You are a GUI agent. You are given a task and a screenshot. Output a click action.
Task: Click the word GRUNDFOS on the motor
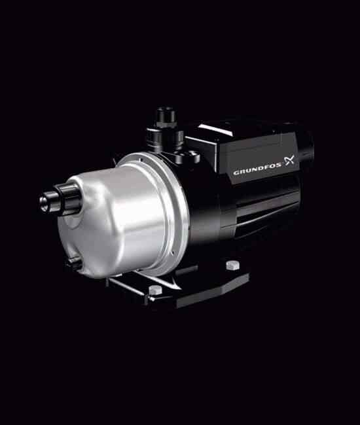tap(257, 169)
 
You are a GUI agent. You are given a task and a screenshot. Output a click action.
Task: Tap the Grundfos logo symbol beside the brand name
tap(289, 160)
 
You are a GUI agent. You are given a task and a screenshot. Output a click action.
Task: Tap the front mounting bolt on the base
tap(155, 290)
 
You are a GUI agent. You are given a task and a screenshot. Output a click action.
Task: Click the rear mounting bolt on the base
tap(233, 265)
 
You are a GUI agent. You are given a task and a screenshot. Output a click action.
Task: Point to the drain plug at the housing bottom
tap(73, 262)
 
